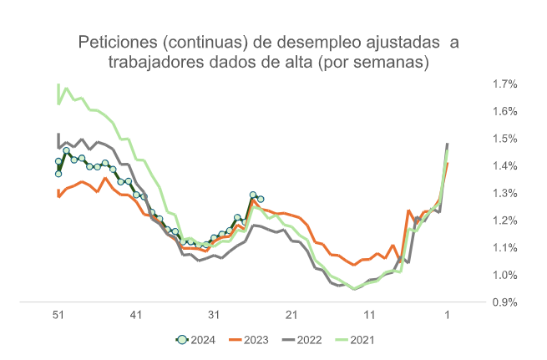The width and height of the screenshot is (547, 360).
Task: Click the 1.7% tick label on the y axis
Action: [505, 84]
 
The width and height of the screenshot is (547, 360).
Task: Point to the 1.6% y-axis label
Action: [505, 111]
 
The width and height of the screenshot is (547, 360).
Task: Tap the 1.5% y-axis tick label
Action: [505, 139]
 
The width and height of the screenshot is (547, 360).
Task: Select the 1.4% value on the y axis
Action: [505, 166]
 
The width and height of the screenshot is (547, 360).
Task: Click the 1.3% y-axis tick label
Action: [505, 193]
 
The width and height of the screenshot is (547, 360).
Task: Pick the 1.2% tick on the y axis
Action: [505, 221]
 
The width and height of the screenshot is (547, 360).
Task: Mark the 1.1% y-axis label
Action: [505, 248]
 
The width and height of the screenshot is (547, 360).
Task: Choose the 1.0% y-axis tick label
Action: [505, 275]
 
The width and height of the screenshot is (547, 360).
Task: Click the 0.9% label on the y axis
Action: [505, 302]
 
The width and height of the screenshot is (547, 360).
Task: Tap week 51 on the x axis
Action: [58, 315]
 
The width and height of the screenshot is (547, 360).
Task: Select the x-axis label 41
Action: [136, 315]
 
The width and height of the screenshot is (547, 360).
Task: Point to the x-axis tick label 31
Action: [214, 315]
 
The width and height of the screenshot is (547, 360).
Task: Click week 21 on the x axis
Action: [291, 315]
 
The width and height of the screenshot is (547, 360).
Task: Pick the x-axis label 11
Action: [369, 315]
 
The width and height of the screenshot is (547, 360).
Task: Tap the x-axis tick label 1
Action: [447, 315]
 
